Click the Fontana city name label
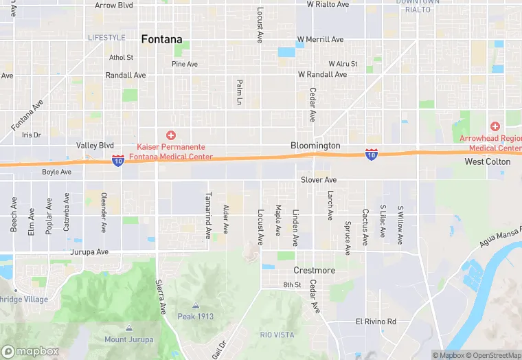162,39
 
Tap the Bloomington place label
315,146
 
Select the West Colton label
488,161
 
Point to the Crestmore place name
315,270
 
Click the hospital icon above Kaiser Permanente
170,135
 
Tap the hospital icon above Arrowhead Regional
495,126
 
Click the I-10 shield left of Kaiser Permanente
117,160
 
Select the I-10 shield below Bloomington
371,154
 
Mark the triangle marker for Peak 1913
196,306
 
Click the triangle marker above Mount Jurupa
129,328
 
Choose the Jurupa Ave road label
89,252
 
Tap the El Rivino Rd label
376,322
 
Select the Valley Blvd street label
95,146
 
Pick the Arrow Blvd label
114,5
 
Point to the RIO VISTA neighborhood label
277,334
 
